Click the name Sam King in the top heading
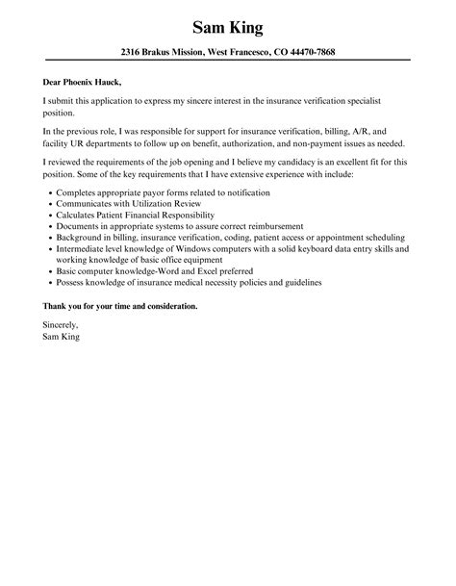[x=228, y=25]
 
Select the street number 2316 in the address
[x=136, y=52]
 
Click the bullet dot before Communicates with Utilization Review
[x=49, y=205]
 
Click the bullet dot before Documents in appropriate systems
[x=49, y=224]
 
